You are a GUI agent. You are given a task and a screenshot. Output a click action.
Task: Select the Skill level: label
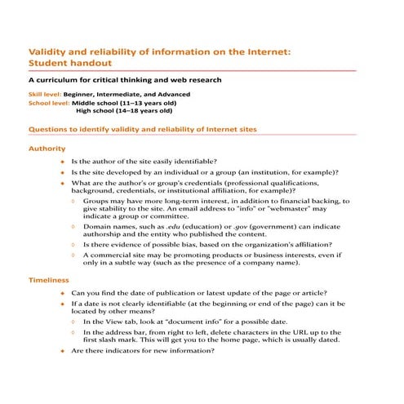[46, 95]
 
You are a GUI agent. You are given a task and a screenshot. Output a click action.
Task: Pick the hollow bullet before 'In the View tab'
[74, 322]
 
